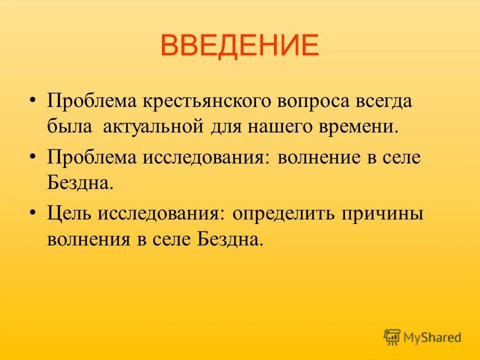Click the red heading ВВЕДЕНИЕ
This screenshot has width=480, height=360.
(x=240, y=45)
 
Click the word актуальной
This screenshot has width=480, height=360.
(x=152, y=127)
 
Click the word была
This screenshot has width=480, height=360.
(x=69, y=127)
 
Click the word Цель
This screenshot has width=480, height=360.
(x=69, y=213)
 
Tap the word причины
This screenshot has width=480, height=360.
(x=382, y=213)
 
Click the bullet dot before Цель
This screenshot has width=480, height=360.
(x=33, y=212)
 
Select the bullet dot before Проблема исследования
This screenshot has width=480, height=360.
(x=33, y=156)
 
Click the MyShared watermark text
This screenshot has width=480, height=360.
(x=433, y=337)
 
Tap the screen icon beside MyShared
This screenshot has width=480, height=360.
(x=392, y=337)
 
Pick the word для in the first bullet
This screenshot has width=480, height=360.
(x=224, y=127)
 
